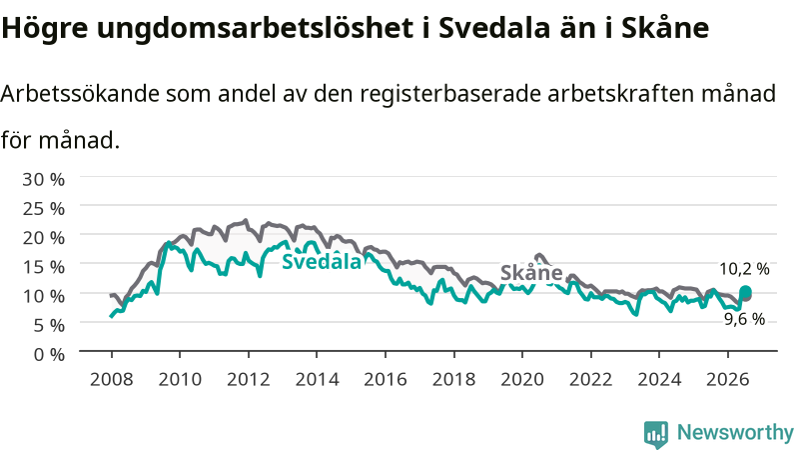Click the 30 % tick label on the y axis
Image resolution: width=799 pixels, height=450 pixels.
(x=43, y=179)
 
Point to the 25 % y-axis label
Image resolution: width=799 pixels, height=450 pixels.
(x=43, y=208)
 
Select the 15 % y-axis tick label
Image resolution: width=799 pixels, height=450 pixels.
(x=43, y=266)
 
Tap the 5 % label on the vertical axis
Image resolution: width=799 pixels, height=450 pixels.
(x=49, y=325)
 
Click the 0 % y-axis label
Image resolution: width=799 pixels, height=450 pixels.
(x=49, y=354)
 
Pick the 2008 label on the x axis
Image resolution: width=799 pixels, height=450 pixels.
(x=111, y=379)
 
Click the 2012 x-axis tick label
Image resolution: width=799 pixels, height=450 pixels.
(x=248, y=379)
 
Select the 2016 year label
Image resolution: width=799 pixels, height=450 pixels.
(x=386, y=379)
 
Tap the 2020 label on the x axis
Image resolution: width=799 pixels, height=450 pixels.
(x=522, y=379)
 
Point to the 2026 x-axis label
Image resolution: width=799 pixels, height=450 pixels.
(x=728, y=379)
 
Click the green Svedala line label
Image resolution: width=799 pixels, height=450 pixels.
(x=322, y=261)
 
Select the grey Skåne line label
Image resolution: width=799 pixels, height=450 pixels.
(x=531, y=273)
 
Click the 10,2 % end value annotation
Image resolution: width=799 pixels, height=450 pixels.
(x=744, y=269)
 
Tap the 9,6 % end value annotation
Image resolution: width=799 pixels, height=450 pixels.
(x=744, y=319)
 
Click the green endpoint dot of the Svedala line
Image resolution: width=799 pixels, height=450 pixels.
(x=745, y=292)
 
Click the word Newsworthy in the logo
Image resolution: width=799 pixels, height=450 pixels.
(x=735, y=433)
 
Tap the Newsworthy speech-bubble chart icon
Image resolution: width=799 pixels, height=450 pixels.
(x=656, y=434)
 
